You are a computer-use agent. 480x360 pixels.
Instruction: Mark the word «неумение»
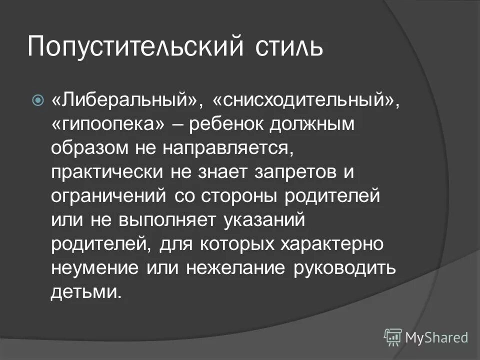pos(95,268)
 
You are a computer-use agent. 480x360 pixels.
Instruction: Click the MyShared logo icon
pos(393,337)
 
